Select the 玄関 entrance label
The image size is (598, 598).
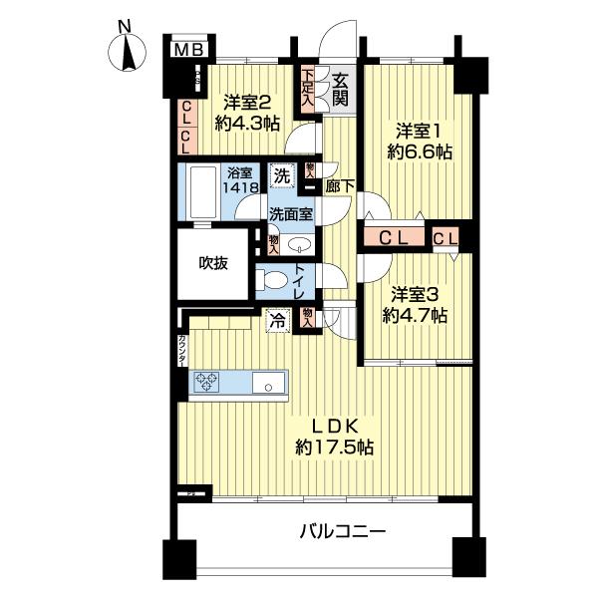[341, 90]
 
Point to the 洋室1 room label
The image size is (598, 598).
[418, 130]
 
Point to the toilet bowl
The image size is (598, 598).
[270, 280]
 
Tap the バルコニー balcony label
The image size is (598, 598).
[342, 531]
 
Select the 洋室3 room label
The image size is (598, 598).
[417, 295]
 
